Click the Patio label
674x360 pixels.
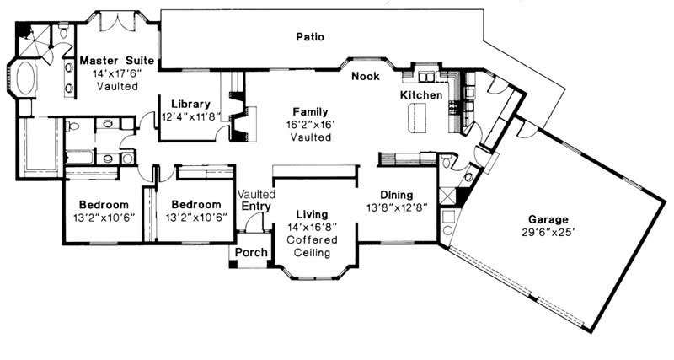[310, 37]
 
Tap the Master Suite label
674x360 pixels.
[116, 60]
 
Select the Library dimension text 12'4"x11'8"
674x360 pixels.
[191, 116]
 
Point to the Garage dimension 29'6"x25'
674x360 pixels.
[548, 232]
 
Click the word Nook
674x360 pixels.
[366, 76]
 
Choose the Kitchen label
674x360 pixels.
[420, 95]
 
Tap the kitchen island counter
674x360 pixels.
[416, 117]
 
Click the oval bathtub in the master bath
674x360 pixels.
[27, 78]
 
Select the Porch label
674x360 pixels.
[251, 252]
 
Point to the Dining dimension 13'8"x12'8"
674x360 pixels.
[396, 207]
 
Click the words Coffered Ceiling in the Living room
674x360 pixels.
[312, 246]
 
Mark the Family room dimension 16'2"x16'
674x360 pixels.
[310, 125]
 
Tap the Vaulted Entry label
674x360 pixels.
[257, 200]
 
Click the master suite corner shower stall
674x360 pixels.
[34, 40]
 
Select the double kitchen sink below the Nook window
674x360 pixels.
[426, 77]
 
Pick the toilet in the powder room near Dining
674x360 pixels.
[447, 162]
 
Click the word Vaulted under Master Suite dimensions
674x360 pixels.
[117, 86]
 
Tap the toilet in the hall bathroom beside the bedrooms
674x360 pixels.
[72, 126]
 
